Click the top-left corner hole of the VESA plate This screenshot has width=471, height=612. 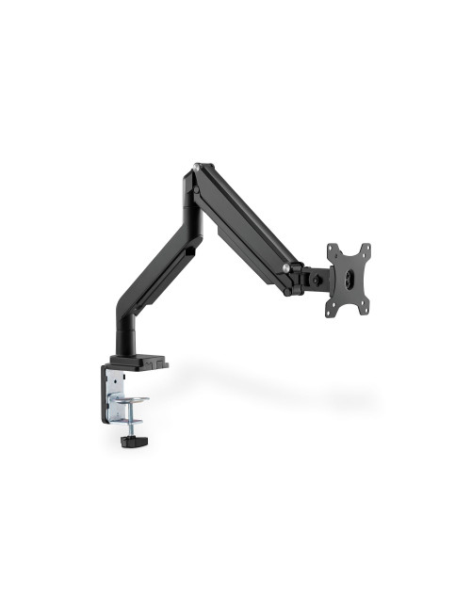coord(332,250)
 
